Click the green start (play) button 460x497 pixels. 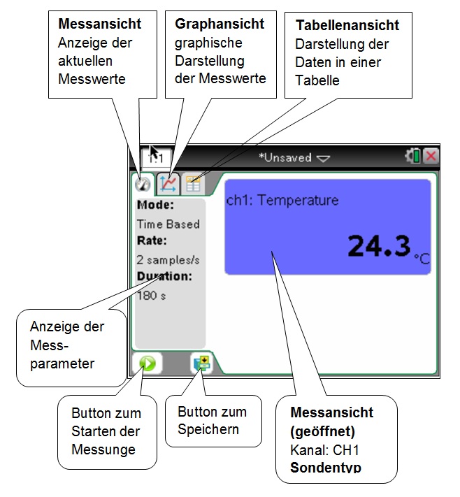[x=148, y=363]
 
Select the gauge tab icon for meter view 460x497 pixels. [x=143, y=184]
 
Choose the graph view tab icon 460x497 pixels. [x=168, y=183]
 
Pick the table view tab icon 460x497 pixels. [x=193, y=184]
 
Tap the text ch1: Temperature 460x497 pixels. [x=282, y=201]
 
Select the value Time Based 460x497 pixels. [x=168, y=224]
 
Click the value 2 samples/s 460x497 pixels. [x=168, y=259]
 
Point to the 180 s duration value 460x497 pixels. [x=151, y=295]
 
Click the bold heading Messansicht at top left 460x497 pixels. [x=100, y=24]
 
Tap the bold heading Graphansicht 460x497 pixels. [x=220, y=24]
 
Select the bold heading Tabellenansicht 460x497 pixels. [x=347, y=26]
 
